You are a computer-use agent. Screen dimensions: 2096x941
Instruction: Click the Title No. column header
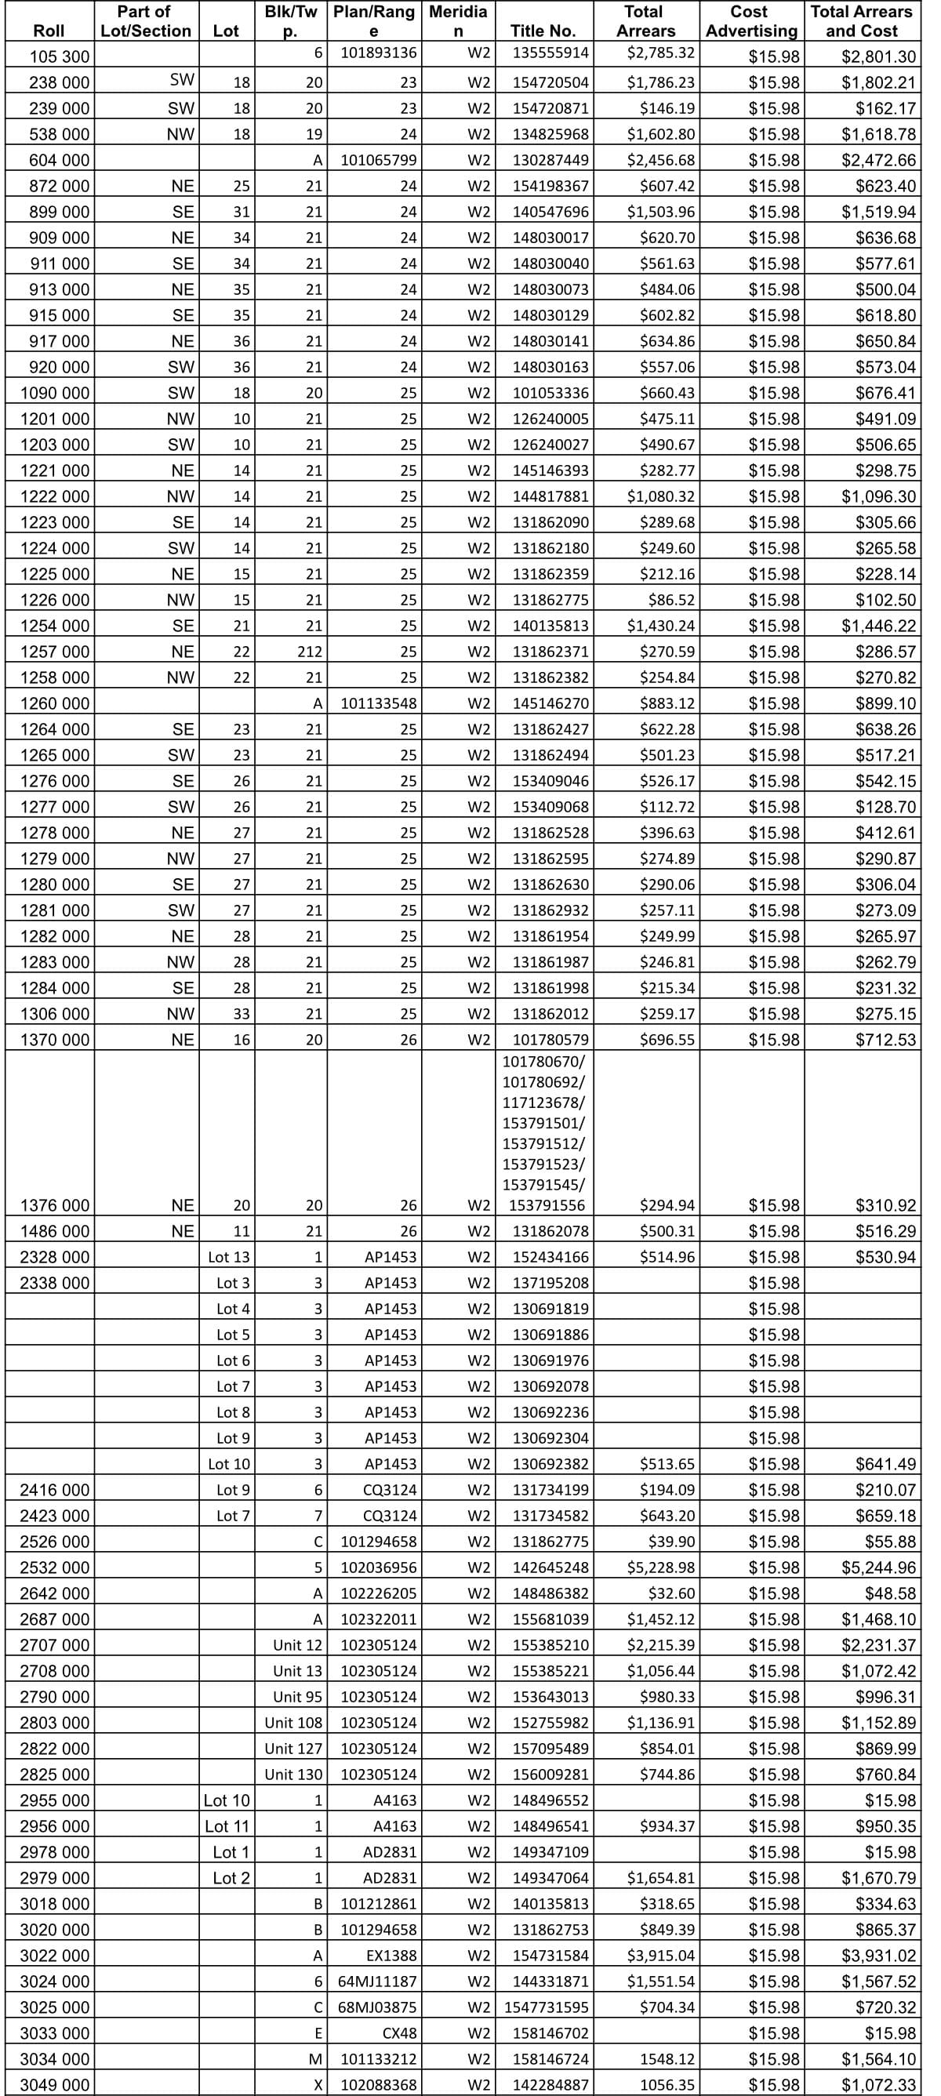(542, 31)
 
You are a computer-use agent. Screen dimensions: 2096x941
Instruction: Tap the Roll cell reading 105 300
(59, 57)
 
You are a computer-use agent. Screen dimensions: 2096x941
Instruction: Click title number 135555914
(550, 53)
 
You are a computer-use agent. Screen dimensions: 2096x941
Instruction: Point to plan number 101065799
(379, 160)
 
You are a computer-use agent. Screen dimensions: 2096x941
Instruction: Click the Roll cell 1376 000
(55, 1205)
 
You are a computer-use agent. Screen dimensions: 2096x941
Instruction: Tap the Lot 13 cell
(229, 1257)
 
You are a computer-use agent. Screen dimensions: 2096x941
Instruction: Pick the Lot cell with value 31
(241, 213)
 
